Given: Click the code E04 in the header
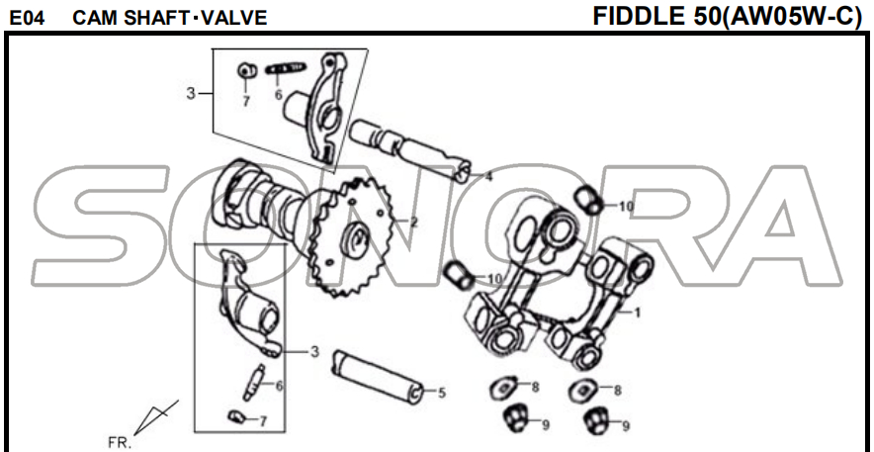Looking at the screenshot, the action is pyautogui.click(x=28, y=19).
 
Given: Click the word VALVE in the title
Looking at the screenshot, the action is pyautogui.click(x=234, y=19).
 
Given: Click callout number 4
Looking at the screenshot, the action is pyautogui.click(x=488, y=177).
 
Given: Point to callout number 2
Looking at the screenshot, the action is pyautogui.click(x=413, y=223).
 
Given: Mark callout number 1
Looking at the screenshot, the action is pyautogui.click(x=637, y=313).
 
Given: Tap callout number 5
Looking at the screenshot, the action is pyautogui.click(x=442, y=393).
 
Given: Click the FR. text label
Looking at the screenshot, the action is pyautogui.click(x=120, y=443).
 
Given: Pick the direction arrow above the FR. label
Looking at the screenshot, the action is pyautogui.click(x=155, y=416).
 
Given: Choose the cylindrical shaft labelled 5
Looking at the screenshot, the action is pyautogui.click(x=380, y=376).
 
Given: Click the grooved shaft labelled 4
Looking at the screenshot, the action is pyautogui.click(x=409, y=150).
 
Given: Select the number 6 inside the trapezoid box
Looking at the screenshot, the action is pyautogui.click(x=278, y=95).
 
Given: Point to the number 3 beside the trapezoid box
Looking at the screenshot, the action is pyautogui.click(x=191, y=94).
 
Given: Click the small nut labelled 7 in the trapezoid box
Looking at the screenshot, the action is pyautogui.click(x=247, y=71).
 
